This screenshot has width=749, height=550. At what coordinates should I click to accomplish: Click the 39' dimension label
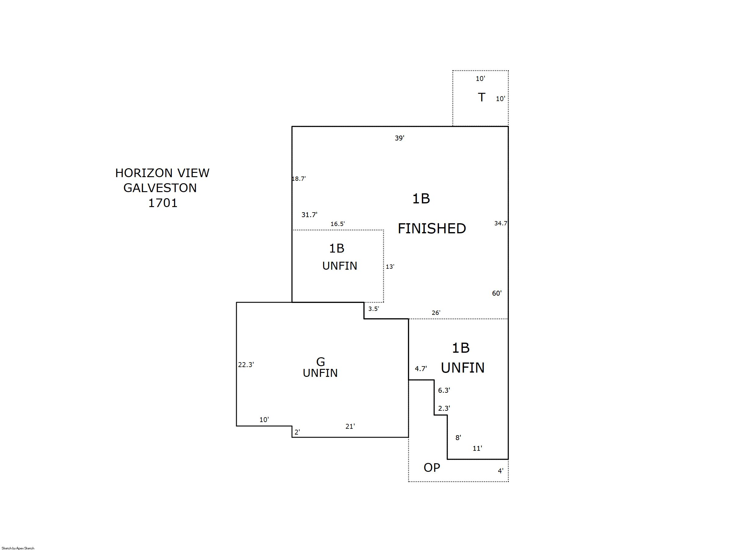coord(399,138)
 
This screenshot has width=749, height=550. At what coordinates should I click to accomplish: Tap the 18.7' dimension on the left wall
coord(299,178)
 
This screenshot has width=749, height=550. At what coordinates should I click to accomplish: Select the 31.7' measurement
coord(309,215)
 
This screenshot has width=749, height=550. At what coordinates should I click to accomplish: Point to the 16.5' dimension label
coord(337,224)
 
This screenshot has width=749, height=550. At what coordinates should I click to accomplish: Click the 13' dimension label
coord(390,266)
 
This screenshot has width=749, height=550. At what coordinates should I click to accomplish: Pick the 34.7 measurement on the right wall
coord(501,223)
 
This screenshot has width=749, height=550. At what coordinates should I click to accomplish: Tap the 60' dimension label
coord(497,293)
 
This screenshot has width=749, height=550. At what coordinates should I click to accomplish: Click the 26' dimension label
coord(436,313)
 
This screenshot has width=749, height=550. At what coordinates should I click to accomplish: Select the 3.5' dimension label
coord(373,309)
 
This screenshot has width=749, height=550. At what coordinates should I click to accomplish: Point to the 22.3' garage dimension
coord(246,365)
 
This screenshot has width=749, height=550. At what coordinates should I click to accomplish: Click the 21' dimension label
coord(350,426)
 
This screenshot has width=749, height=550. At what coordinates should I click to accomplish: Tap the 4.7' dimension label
coord(421,369)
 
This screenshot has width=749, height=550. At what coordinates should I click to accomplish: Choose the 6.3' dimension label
coord(444,390)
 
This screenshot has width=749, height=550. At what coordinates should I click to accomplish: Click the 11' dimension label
coord(477,448)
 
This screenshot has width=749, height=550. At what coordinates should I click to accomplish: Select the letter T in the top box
coord(481,97)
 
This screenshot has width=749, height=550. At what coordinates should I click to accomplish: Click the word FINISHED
coord(432,228)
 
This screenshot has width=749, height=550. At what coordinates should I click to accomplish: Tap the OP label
coord(432,468)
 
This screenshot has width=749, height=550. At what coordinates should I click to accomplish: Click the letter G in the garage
coord(320,362)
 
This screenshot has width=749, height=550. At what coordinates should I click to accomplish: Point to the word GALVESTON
coord(160,188)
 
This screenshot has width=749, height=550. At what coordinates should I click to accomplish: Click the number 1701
coord(163,203)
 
